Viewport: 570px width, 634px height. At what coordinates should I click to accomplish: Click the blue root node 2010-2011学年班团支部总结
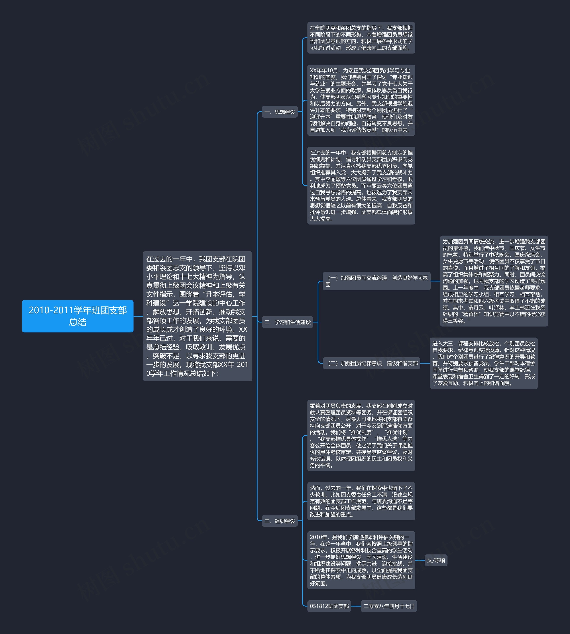click(78, 316)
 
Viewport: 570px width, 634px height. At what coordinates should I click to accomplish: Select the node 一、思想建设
click(280, 112)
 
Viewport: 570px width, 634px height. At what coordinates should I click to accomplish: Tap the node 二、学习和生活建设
click(287, 322)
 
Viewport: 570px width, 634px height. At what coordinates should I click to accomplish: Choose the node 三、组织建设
click(280, 521)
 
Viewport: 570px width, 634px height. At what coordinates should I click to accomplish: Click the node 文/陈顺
click(436, 560)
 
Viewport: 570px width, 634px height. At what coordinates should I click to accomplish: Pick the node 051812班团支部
click(329, 606)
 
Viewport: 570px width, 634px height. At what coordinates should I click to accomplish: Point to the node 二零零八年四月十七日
click(389, 606)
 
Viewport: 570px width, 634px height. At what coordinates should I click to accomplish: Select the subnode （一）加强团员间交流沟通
click(377, 281)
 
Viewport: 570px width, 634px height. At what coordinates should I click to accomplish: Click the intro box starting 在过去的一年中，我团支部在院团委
click(198, 316)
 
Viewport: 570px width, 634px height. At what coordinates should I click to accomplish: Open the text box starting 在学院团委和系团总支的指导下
click(361, 38)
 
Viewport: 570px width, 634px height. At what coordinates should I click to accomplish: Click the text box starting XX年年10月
click(361, 100)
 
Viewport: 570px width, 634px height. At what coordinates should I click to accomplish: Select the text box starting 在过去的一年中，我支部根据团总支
click(361, 186)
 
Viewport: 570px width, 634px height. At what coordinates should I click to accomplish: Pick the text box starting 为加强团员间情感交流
click(494, 281)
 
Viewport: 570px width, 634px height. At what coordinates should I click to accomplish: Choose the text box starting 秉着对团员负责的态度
click(361, 435)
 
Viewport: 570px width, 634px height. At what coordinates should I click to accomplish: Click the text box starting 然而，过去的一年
click(361, 501)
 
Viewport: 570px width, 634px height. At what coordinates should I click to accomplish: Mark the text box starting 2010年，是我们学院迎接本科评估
click(361, 560)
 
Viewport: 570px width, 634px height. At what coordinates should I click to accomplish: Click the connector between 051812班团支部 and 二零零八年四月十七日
click(356, 606)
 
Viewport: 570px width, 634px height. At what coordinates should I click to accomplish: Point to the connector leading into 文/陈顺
click(420, 560)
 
